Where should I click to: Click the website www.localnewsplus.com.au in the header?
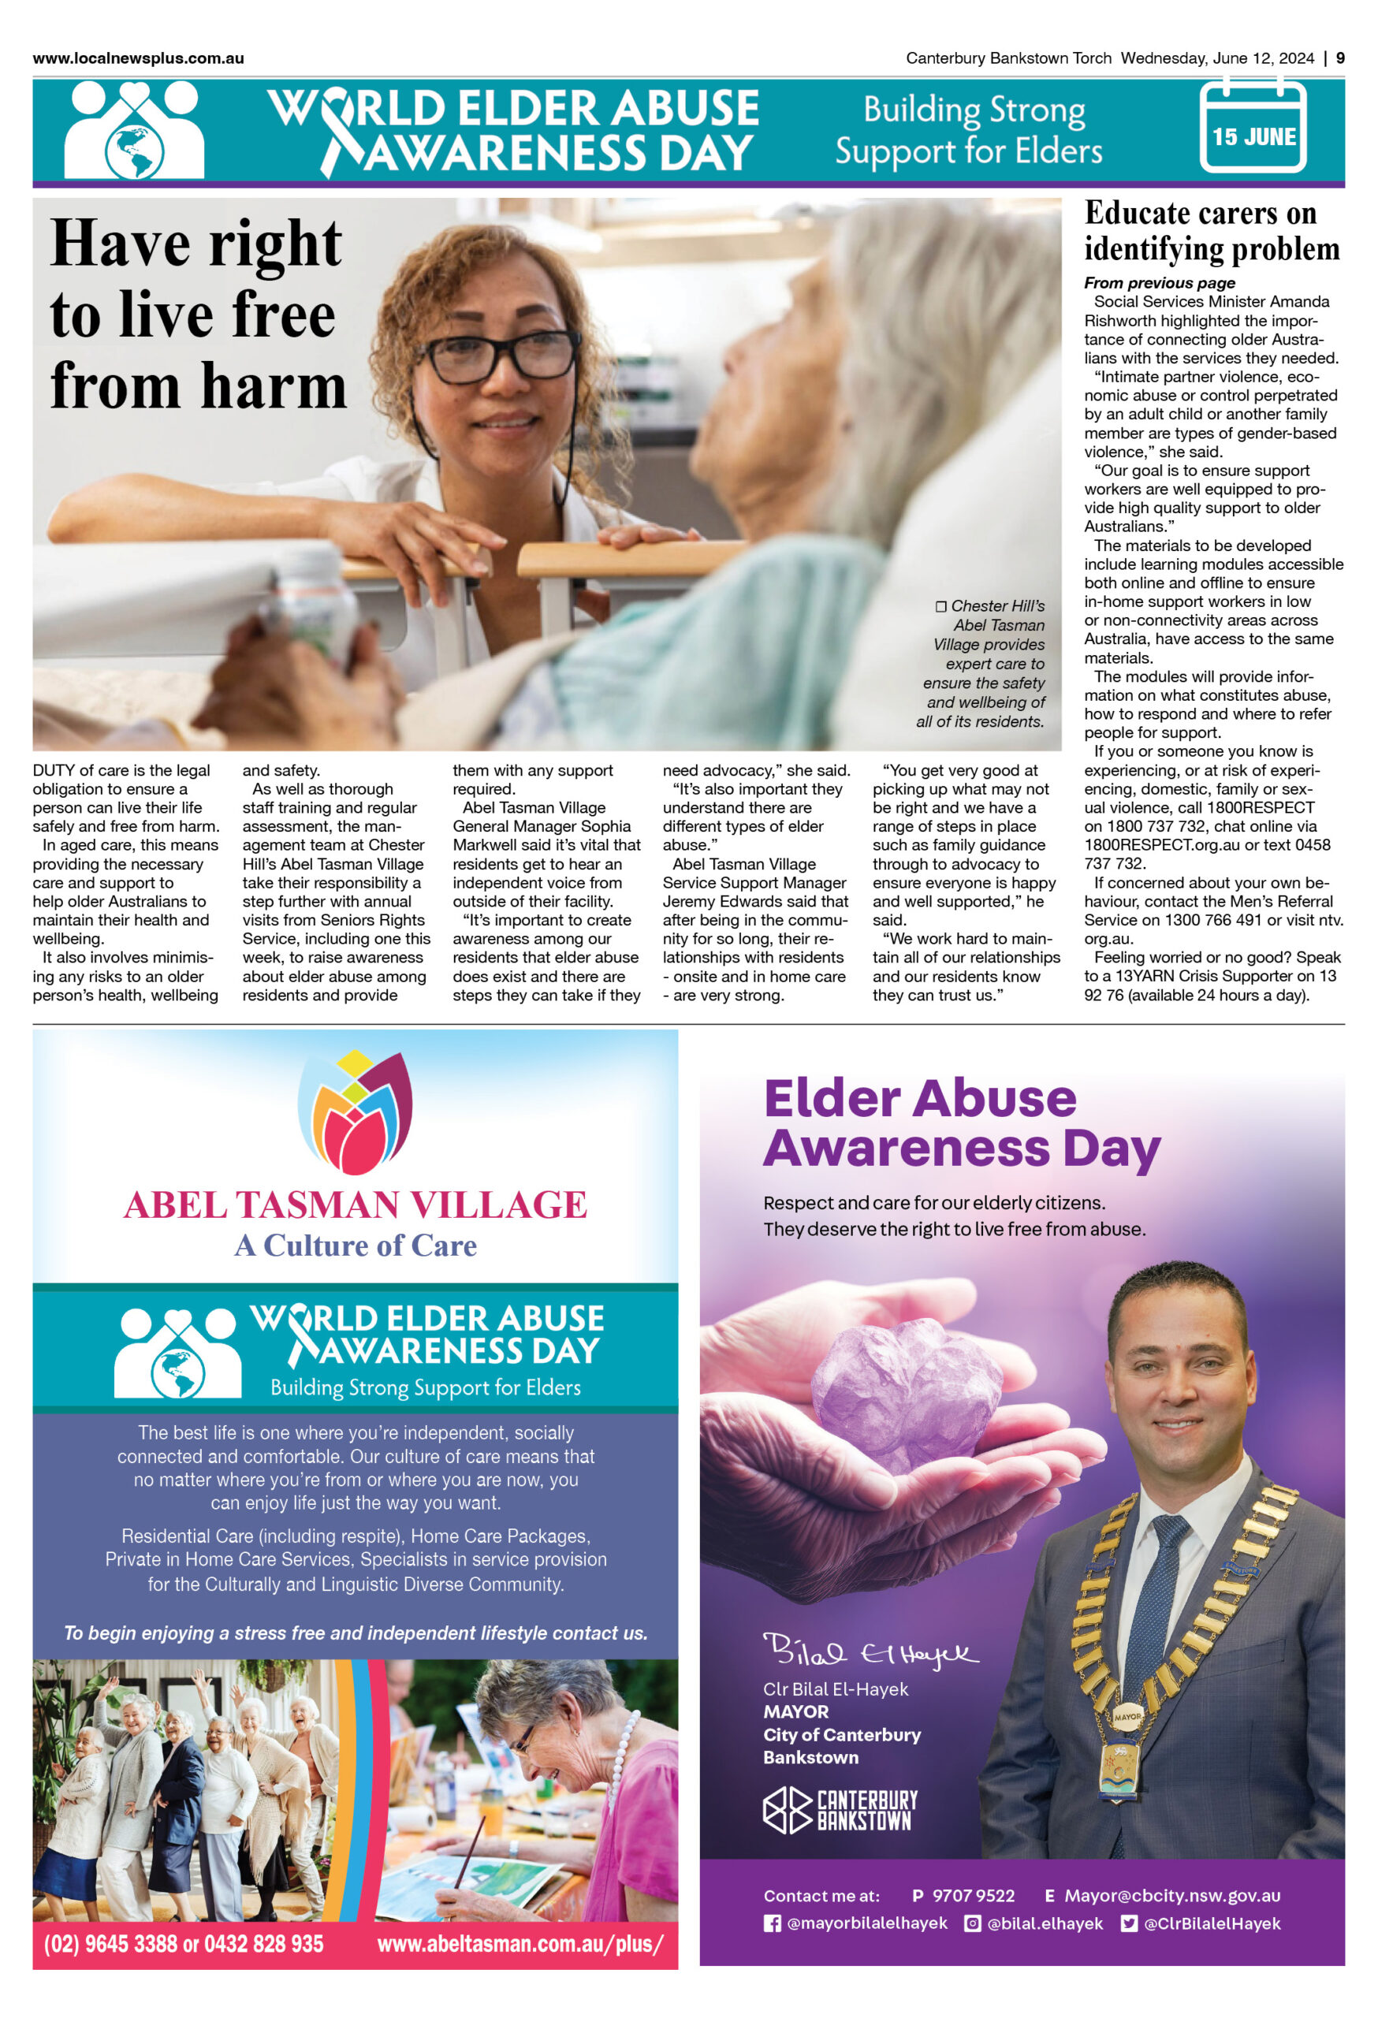coord(138,58)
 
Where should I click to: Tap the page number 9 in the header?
coord(1340,58)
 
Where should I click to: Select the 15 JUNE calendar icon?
coord(1252,128)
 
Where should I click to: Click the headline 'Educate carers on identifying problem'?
coord(1212,231)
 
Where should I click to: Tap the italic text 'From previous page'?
coord(1158,283)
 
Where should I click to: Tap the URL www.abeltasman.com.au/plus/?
coord(520,1943)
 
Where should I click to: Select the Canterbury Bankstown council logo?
coord(840,1811)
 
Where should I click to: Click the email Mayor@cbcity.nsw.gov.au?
coord(1172,1896)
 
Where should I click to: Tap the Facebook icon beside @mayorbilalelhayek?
coord(771,1923)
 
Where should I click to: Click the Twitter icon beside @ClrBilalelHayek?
coord(1128,1923)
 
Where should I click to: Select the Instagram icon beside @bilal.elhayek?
coord(972,1923)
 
